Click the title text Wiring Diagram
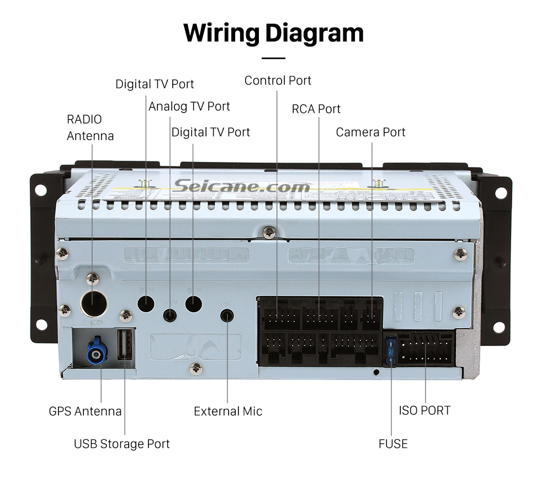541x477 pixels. click(x=273, y=33)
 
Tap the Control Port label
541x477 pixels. click(x=278, y=81)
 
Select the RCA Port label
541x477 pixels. click(x=316, y=109)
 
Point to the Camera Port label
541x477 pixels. click(x=370, y=133)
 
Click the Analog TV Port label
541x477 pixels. click(x=189, y=106)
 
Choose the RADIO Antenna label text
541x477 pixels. click(x=90, y=128)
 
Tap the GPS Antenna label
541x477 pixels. click(x=85, y=411)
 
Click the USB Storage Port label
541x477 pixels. click(x=122, y=444)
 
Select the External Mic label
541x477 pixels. click(x=227, y=411)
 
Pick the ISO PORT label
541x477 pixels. click(x=425, y=411)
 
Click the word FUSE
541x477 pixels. click(x=393, y=444)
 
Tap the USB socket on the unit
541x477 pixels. click(x=125, y=346)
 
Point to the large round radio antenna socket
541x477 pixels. click(x=93, y=302)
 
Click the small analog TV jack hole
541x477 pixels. click(x=171, y=316)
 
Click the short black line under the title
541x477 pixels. click(x=273, y=58)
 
